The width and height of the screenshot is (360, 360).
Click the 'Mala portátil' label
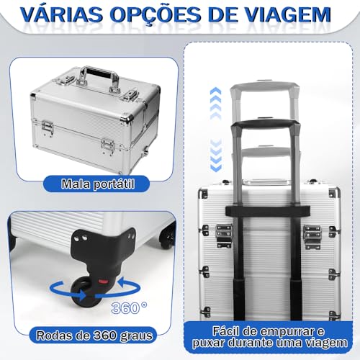(97, 185)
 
